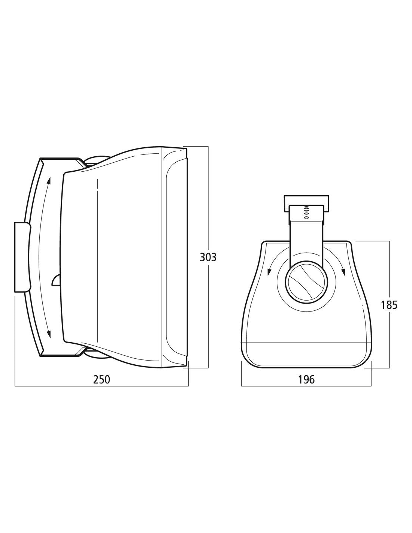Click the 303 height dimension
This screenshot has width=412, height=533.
208,257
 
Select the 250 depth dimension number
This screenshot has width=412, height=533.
102,379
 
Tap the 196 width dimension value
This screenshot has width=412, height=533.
306,379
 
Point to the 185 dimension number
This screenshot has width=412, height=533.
389,305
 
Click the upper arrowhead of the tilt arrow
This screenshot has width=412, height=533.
49,180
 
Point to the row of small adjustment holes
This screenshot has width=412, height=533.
306,212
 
